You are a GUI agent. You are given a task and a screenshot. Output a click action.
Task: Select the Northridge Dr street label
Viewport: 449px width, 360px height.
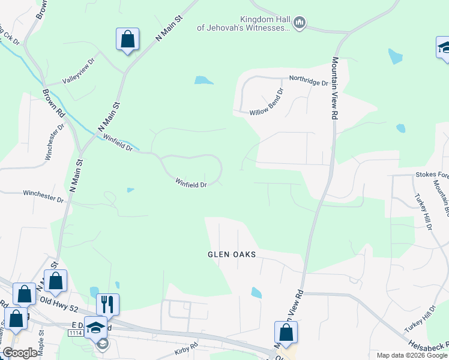[309, 79]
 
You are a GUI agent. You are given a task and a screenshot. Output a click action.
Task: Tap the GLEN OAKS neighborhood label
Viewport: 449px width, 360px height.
[232, 254]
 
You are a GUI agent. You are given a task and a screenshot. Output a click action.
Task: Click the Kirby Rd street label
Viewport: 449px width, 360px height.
[186, 347]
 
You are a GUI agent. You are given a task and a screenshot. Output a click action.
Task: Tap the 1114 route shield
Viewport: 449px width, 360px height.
[75, 332]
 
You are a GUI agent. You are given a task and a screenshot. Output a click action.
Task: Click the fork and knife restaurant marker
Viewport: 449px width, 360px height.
[107, 304]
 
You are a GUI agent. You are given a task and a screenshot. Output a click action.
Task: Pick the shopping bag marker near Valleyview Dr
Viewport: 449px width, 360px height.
[127, 40]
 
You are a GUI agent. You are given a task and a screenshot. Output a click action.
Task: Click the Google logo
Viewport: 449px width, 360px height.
[20, 353]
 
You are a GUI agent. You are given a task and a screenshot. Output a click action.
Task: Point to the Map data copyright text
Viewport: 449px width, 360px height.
[412, 355]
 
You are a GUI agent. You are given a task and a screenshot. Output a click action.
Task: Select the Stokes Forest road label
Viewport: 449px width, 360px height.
[432, 175]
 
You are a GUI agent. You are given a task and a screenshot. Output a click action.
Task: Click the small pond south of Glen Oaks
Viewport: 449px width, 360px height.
[256, 293]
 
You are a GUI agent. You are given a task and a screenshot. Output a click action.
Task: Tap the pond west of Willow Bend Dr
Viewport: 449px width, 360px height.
[203, 80]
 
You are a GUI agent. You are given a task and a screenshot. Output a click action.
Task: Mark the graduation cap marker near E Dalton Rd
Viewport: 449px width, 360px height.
[95, 328]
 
